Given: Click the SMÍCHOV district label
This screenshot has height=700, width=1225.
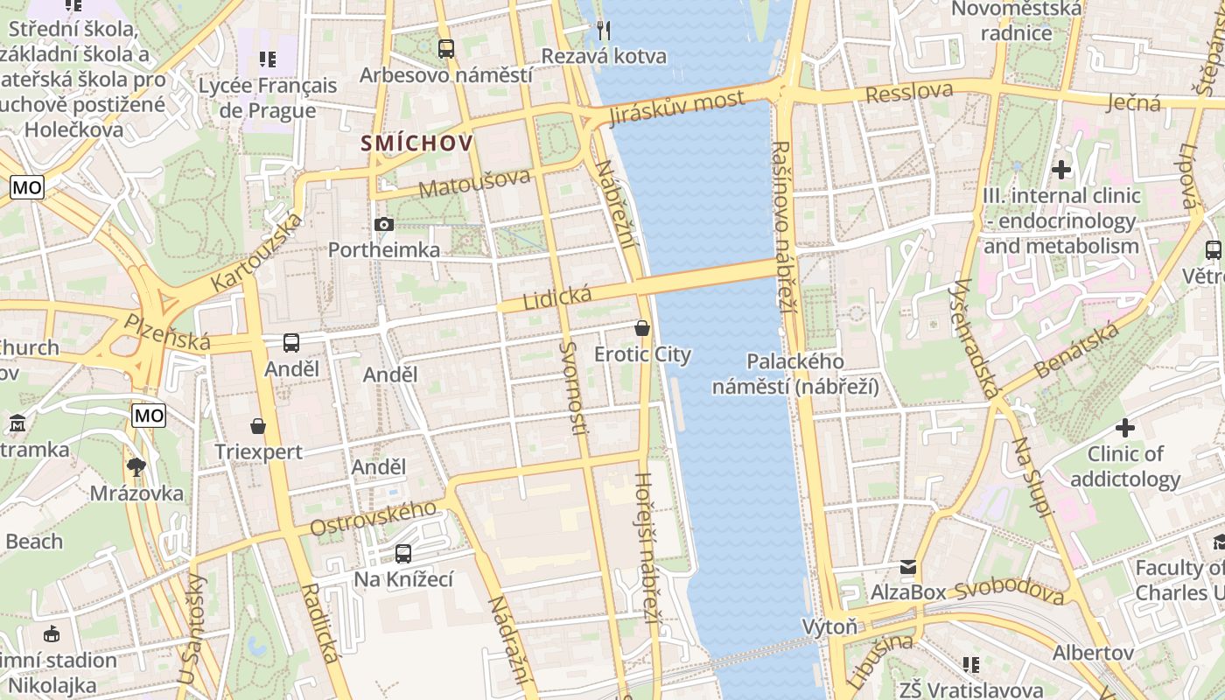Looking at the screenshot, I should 417,143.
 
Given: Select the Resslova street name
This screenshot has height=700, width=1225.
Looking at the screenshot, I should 909,92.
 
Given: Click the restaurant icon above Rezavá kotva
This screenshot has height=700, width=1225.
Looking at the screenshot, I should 604,31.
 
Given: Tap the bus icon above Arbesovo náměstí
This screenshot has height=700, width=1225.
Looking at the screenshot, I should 446,49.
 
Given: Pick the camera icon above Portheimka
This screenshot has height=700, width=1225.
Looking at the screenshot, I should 383,225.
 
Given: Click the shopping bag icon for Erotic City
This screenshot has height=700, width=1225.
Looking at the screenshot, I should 642,329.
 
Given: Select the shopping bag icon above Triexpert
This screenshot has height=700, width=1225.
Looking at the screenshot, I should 258,426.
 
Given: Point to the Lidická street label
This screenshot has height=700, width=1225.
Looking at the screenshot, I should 557,297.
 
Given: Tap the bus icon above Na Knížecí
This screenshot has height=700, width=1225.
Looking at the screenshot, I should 403,553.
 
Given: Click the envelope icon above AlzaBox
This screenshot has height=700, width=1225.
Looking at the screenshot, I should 908,567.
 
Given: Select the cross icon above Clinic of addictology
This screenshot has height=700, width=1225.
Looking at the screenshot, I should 1125,428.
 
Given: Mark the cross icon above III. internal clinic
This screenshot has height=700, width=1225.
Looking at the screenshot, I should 1061,170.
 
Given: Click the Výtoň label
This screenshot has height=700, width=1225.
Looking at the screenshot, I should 830,626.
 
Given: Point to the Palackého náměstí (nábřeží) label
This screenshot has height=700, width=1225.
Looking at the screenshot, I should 795,374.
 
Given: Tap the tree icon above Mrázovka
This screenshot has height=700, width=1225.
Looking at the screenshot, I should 136,467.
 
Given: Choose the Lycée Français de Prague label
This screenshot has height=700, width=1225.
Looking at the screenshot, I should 267,98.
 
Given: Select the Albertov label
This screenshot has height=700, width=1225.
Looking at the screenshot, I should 1093,653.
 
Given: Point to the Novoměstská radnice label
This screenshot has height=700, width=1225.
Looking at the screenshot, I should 1016,21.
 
